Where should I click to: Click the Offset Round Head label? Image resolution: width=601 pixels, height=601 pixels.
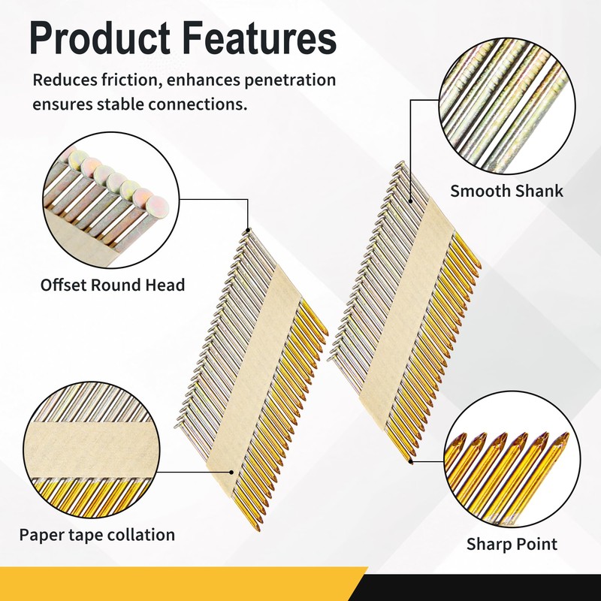(x=113, y=285)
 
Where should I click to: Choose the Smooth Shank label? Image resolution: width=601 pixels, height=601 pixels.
(x=506, y=191)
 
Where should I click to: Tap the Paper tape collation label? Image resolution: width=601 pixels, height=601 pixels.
(x=97, y=535)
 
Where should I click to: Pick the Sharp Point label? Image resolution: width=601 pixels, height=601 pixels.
(x=512, y=543)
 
